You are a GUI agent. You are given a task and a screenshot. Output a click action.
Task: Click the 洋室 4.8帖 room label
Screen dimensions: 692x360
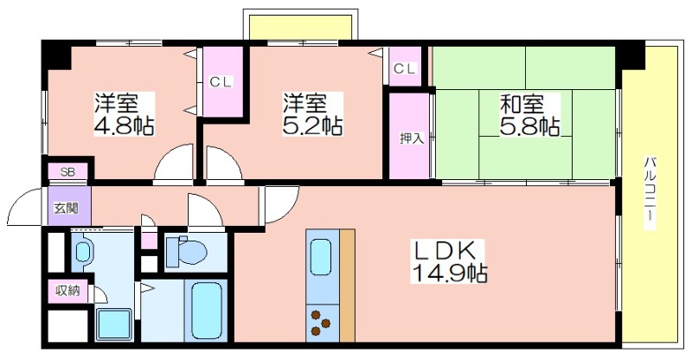(x=124, y=114)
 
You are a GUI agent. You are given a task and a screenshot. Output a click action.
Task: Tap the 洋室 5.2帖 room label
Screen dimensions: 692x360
(x=312, y=114)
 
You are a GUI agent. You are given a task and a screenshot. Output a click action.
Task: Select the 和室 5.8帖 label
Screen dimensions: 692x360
(x=530, y=114)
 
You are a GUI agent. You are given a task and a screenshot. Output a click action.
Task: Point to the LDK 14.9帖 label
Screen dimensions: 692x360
(x=449, y=261)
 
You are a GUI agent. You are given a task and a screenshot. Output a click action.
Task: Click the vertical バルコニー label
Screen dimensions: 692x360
(x=650, y=193)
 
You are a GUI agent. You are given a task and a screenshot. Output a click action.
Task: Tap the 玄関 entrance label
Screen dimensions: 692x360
(x=67, y=208)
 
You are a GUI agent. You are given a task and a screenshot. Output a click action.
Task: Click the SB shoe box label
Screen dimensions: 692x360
(x=67, y=172)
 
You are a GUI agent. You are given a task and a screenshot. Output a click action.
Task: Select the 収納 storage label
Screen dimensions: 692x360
(x=67, y=291)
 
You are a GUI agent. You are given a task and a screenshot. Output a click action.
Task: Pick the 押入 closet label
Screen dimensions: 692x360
(x=412, y=138)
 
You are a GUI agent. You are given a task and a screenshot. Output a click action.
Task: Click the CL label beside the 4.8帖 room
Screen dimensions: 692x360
(x=221, y=82)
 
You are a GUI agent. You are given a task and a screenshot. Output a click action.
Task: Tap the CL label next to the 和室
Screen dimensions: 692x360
(x=405, y=68)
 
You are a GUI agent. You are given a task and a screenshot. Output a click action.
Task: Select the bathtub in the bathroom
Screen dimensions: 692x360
(x=207, y=310)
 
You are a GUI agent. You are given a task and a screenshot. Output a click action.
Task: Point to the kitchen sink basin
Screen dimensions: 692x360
(x=321, y=257)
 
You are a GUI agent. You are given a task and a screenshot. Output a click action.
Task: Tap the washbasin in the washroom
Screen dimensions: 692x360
(x=82, y=252)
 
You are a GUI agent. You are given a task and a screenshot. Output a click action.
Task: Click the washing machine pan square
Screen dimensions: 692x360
(x=114, y=325)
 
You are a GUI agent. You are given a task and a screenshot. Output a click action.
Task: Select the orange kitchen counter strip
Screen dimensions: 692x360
(x=348, y=286)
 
